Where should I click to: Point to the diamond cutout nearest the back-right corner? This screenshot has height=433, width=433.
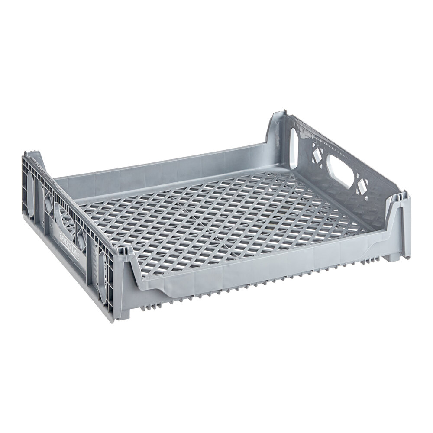pos(316,153)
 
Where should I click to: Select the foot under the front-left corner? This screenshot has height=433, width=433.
pos(126,312)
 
